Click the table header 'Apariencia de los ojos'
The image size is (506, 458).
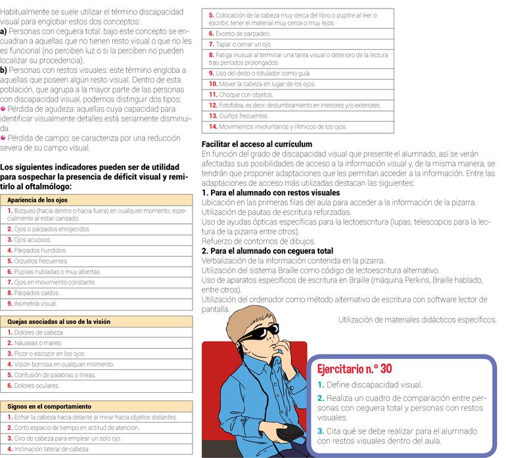point(37,199)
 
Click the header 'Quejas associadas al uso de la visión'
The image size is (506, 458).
point(58,322)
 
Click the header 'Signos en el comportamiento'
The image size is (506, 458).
point(49,407)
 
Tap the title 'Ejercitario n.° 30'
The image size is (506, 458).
point(354,369)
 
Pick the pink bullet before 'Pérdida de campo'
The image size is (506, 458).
point(3,139)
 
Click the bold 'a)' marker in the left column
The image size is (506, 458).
point(4,31)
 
